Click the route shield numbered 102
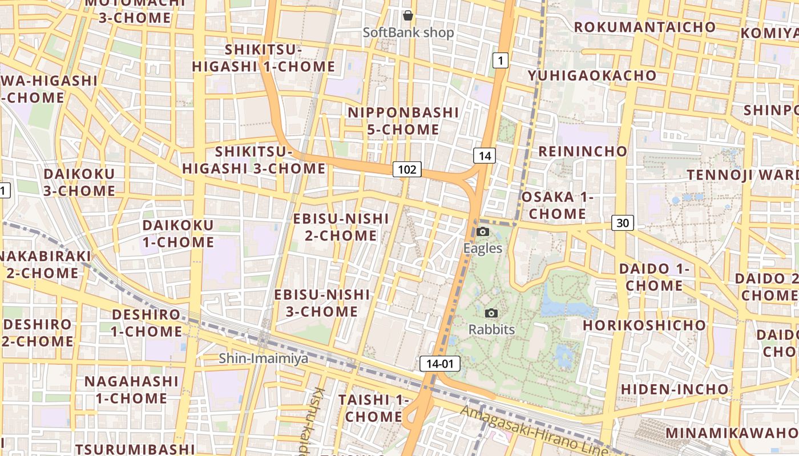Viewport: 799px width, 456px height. (x=407, y=169)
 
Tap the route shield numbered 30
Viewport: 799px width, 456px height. (x=622, y=223)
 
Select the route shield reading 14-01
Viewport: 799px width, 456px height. (x=439, y=364)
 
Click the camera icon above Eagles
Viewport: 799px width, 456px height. (x=483, y=231)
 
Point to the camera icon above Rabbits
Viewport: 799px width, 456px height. (x=491, y=313)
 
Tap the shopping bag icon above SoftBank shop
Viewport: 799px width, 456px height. (x=407, y=15)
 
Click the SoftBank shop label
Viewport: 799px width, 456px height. (x=409, y=32)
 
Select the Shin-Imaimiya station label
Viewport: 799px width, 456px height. (x=264, y=358)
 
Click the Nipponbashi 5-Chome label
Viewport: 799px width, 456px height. (x=403, y=121)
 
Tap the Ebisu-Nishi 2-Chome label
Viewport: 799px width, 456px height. (x=341, y=227)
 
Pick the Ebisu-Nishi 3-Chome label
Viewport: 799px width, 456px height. (x=322, y=303)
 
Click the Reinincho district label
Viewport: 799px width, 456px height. (x=583, y=151)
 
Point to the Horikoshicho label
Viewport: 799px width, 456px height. (x=644, y=325)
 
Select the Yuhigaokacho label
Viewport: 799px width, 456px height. (x=592, y=75)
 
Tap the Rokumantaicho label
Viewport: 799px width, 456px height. (x=644, y=27)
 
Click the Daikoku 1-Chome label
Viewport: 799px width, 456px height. (x=178, y=234)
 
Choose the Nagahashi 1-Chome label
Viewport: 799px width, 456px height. (x=131, y=389)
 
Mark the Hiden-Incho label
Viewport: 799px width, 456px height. (x=674, y=389)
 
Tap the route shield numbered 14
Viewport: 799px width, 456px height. (x=485, y=156)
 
